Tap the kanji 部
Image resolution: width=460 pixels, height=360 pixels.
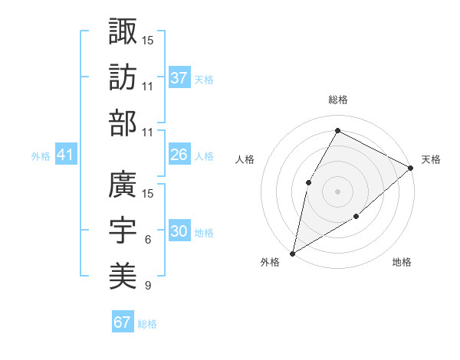pyautogui.click(x=123, y=123)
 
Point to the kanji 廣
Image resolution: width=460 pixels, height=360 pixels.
pyautogui.click(x=123, y=186)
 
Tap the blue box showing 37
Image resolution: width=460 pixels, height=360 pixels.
pyautogui.click(x=179, y=77)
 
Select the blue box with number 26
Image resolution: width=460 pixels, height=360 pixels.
pyautogui.click(x=179, y=155)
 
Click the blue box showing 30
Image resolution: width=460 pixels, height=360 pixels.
pyautogui.click(x=179, y=231)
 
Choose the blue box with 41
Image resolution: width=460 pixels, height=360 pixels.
pyautogui.click(x=66, y=155)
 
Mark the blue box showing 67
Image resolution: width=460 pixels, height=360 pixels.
pyautogui.click(x=123, y=322)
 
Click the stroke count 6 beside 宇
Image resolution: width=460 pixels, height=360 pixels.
pyautogui.click(x=147, y=241)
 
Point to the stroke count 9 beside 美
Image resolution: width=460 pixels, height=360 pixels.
pyautogui.click(x=147, y=286)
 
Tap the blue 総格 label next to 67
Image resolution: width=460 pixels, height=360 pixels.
pyautogui.click(x=147, y=324)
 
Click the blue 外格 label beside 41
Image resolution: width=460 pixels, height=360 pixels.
pyautogui.click(x=41, y=156)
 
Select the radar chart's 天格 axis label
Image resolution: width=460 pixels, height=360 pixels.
pyautogui.click(x=431, y=159)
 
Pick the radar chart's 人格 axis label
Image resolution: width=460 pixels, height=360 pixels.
pyautogui.click(x=245, y=159)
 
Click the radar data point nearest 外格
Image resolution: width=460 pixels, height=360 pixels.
pyautogui.click(x=292, y=253)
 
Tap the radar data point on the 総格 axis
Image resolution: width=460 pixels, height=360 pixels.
pyautogui.click(x=337, y=130)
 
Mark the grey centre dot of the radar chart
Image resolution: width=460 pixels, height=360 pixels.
pyautogui.click(x=337, y=191)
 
